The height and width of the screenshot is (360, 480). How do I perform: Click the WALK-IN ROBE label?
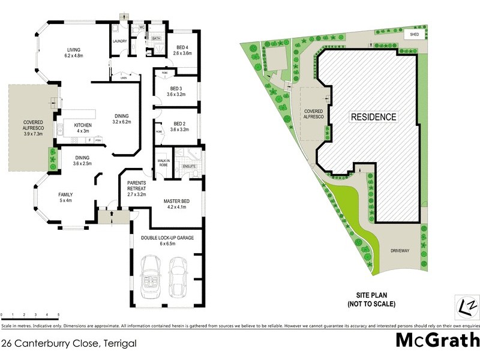coord(163,163)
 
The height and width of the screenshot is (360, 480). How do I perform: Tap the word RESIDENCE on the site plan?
coord(373,117)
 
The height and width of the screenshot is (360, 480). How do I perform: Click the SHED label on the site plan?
coord(415,34)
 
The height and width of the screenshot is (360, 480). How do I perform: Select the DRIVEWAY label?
coord(400,251)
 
